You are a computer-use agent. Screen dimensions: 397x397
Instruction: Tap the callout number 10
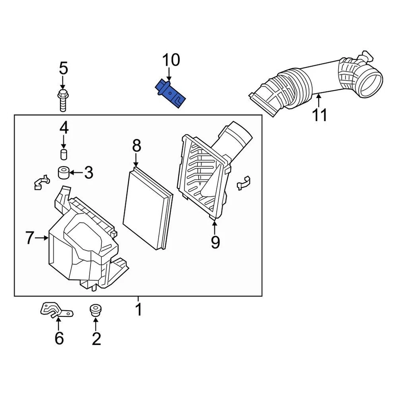click(x=171, y=60)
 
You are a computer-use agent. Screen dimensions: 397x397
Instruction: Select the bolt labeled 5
click(x=62, y=99)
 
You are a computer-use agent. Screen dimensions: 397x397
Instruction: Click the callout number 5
click(x=63, y=68)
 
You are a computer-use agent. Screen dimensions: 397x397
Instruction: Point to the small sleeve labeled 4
click(x=64, y=155)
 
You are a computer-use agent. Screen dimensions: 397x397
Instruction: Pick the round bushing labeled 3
click(x=63, y=172)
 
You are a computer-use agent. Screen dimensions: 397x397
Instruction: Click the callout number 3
click(x=88, y=173)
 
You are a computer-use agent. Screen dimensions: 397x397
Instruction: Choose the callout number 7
click(x=30, y=238)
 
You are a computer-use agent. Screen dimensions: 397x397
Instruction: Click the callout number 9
click(x=215, y=242)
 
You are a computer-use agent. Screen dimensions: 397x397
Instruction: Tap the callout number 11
click(x=319, y=115)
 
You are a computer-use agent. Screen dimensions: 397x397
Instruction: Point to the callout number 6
click(x=59, y=338)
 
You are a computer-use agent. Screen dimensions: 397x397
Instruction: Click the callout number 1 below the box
click(x=139, y=309)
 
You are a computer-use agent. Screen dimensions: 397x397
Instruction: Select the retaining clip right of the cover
click(x=244, y=183)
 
